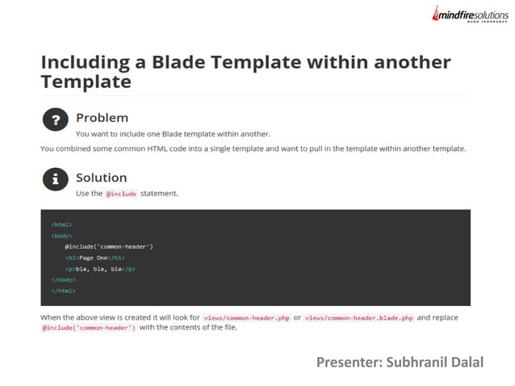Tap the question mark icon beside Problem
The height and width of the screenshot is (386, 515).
point(55,120)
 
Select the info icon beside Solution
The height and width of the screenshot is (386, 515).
point(55,180)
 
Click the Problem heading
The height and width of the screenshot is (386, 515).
point(102,117)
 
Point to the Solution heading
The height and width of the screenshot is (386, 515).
point(101,177)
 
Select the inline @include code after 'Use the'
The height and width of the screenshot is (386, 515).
point(121,194)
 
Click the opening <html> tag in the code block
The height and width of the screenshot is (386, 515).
point(61,224)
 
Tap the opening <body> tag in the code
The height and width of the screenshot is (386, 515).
point(61,235)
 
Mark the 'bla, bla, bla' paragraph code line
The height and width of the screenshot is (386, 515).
point(100,268)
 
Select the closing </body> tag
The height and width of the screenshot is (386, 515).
point(63,279)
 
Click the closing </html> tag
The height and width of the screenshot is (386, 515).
point(63,291)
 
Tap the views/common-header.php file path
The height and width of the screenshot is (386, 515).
point(247,318)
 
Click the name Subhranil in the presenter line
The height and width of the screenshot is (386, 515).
point(413,362)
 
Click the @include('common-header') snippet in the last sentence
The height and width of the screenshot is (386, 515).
point(89,329)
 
